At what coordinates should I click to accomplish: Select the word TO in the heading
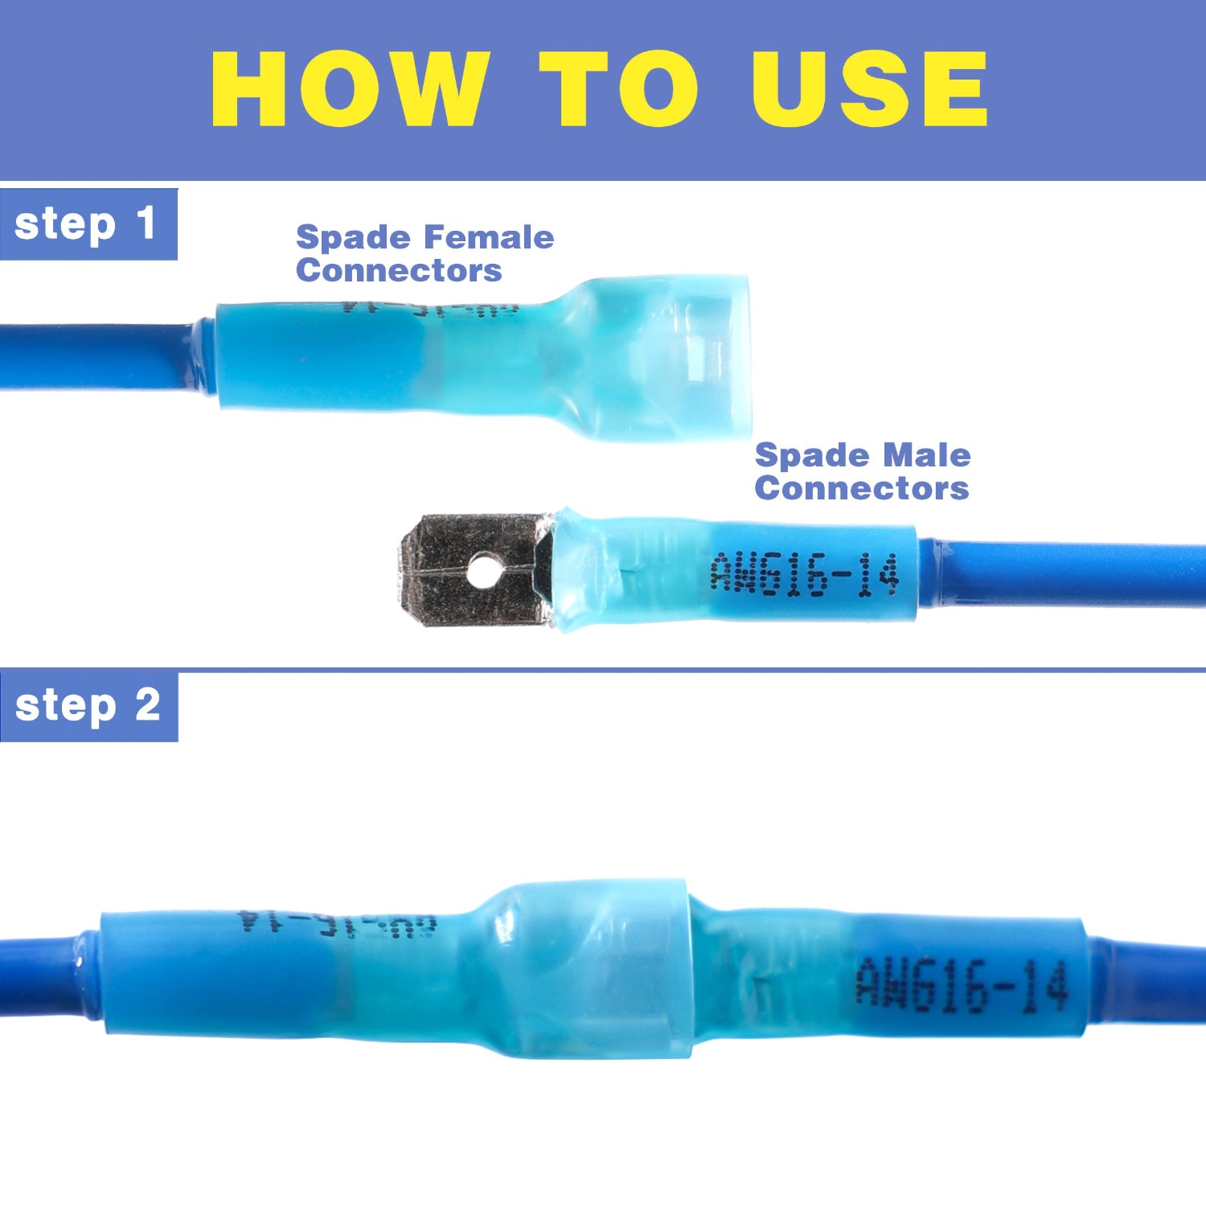(617, 88)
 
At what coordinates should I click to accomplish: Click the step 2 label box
(88, 706)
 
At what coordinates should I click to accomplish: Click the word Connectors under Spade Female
(399, 270)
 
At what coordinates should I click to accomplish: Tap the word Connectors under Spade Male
(862, 488)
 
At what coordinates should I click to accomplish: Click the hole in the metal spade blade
(482, 572)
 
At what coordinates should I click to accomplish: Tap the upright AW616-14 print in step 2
(960, 983)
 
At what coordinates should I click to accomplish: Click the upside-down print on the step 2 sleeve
(338, 924)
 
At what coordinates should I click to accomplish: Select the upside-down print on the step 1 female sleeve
(430, 309)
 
